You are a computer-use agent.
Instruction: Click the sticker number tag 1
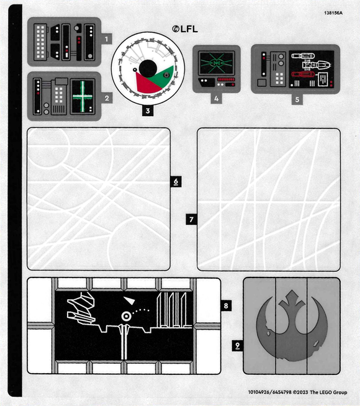[x=106, y=39]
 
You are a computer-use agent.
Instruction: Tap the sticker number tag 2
[x=107, y=98]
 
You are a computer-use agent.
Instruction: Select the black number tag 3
[x=148, y=111]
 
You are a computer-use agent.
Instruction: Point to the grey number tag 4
[x=217, y=98]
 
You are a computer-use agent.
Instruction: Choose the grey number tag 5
[x=297, y=99]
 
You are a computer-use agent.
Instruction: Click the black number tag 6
[x=176, y=181]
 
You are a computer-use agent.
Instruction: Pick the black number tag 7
[x=191, y=219]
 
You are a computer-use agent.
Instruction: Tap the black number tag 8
[x=226, y=305]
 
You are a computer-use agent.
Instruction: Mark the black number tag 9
[x=237, y=346]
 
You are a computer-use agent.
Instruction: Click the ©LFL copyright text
[x=185, y=29]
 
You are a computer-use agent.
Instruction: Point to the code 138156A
[x=333, y=13]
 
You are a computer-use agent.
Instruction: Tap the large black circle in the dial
[x=148, y=68]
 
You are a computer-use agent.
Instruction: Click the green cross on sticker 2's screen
[x=83, y=97]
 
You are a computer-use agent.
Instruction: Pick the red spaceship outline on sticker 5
[x=303, y=74]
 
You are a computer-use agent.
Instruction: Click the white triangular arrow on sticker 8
[x=129, y=300]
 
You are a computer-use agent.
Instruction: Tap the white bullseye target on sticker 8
[x=126, y=316]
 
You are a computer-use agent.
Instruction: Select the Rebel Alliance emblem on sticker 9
[x=292, y=325]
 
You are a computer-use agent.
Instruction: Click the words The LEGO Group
[x=328, y=392]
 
